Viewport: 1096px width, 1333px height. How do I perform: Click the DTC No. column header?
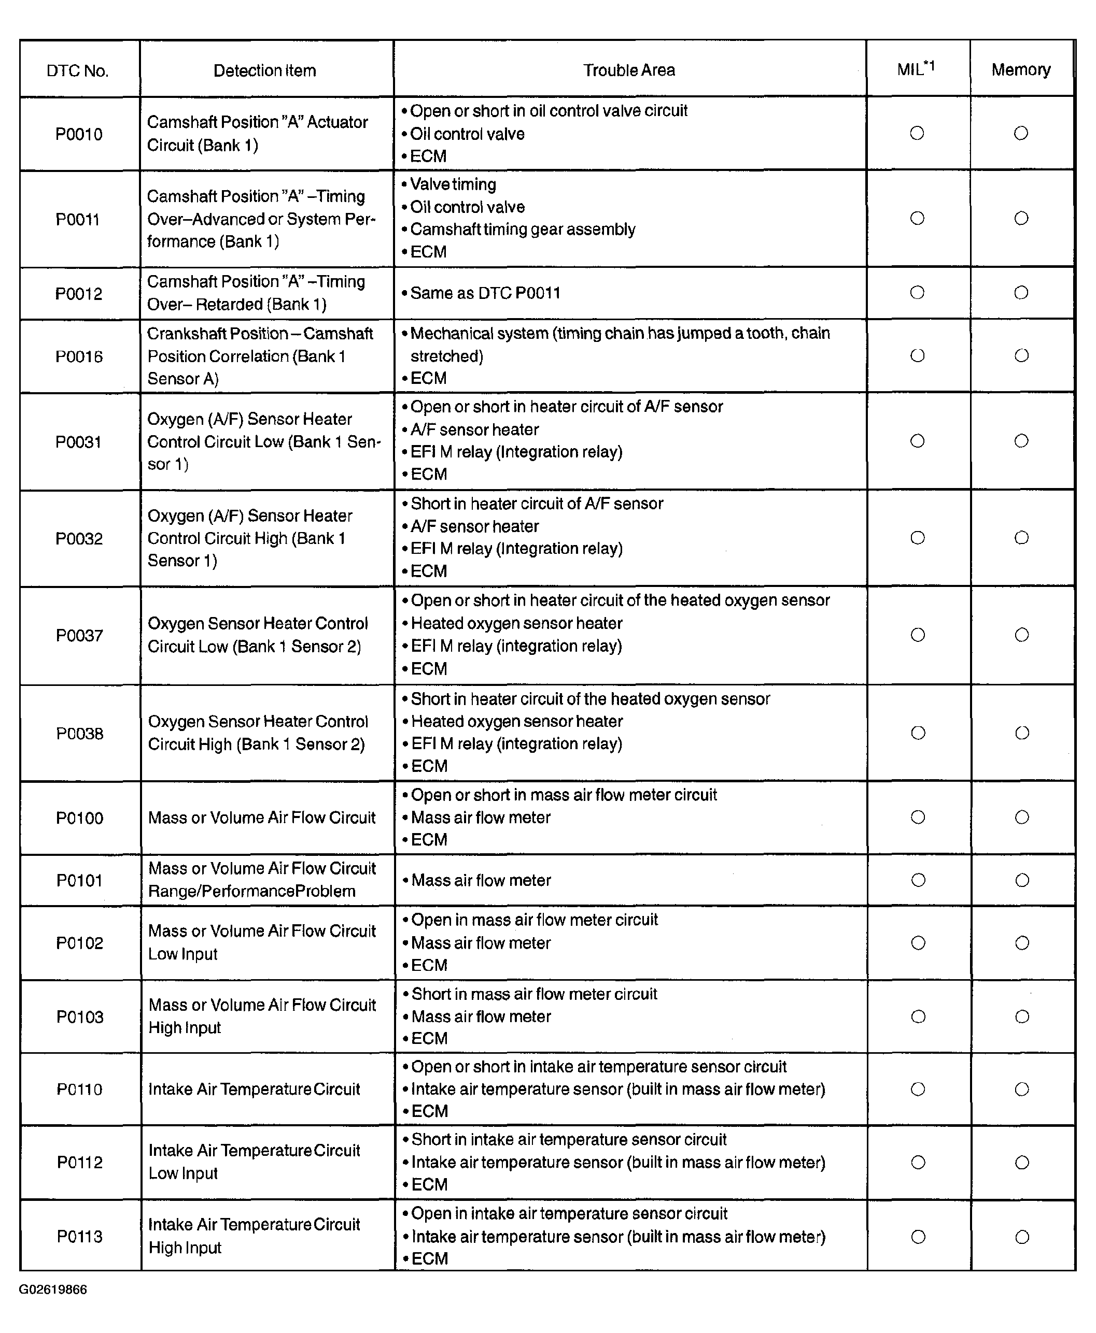pyautogui.click(x=78, y=70)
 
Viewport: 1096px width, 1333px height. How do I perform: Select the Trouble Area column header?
pyautogui.click(x=629, y=70)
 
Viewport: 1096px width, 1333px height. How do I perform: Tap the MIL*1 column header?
pyautogui.click(x=916, y=69)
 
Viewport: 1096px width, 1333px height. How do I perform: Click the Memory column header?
pyautogui.click(x=1021, y=69)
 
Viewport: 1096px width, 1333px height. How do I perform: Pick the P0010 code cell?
pyautogui.click(x=79, y=134)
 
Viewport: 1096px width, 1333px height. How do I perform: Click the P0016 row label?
pyautogui.click(x=79, y=356)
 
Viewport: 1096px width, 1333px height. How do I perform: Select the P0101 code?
pyautogui.click(x=79, y=880)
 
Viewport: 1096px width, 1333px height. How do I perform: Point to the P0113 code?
pyautogui.click(x=79, y=1237)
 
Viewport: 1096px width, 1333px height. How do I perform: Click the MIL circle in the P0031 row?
pyautogui.click(x=917, y=441)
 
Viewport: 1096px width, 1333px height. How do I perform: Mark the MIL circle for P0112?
pyautogui.click(x=919, y=1163)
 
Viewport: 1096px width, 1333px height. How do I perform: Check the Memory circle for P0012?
pyautogui.click(x=1021, y=293)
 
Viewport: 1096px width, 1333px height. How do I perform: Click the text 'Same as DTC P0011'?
pyautogui.click(x=485, y=293)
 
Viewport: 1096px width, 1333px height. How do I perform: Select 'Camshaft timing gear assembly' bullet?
pyautogui.click(x=522, y=229)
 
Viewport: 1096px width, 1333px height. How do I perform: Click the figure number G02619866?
pyautogui.click(x=53, y=1289)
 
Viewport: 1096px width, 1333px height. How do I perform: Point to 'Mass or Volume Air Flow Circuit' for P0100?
pyautogui.click(x=261, y=818)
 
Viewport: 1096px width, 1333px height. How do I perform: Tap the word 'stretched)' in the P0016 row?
pyautogui.click(x=446, y=356)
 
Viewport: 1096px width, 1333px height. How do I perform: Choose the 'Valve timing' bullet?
pyautogui.click(x=453, y=184)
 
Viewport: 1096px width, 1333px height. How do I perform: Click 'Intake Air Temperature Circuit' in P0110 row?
pyautogui.click(x=254, y=1090)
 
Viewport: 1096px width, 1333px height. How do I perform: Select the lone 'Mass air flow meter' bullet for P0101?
pyautogui.click(x=481, y=880)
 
